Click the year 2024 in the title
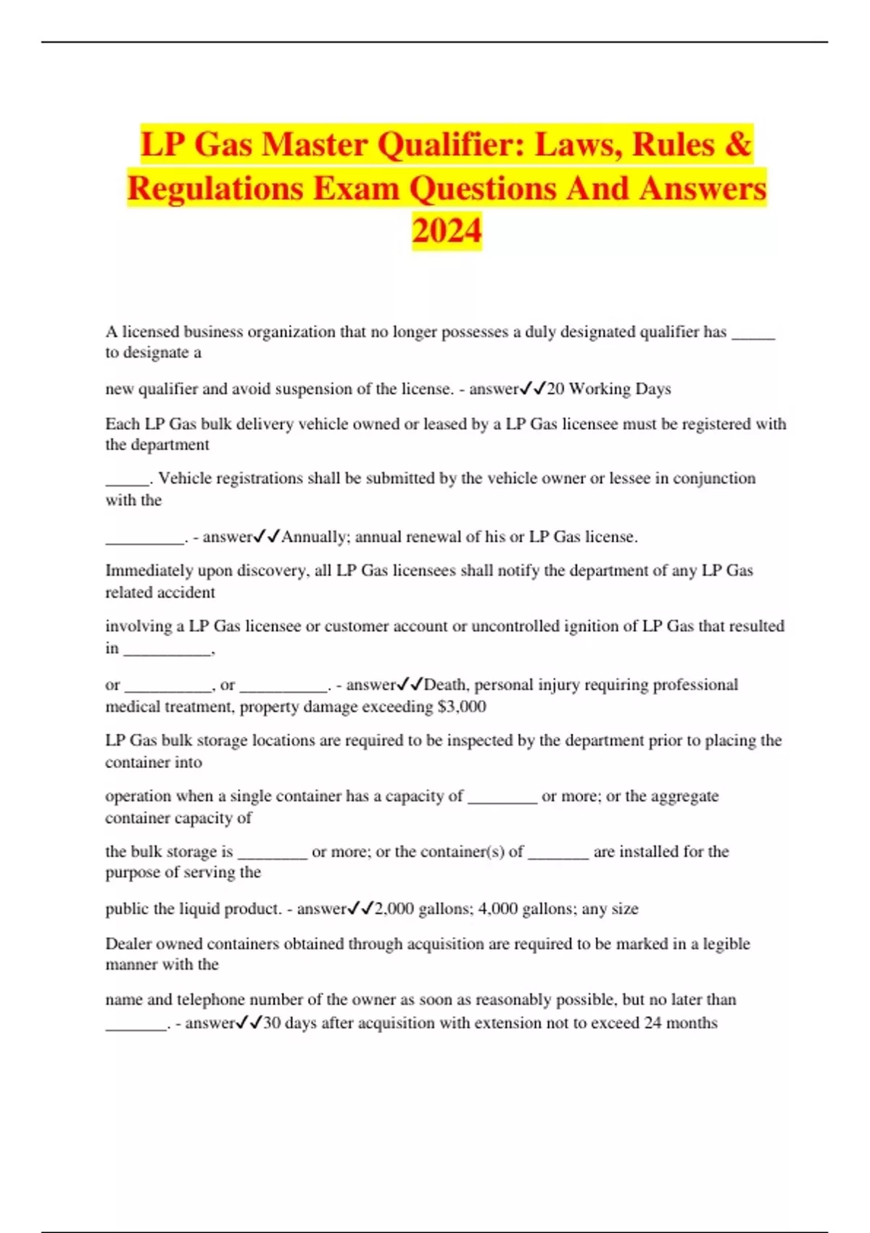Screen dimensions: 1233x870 (x=447, y=231)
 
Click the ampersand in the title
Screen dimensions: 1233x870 (x=737, y=144)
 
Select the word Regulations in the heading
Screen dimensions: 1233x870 (x=215, y=188)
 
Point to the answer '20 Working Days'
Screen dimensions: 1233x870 (x=609, y=389)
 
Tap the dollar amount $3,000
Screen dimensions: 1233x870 (x=462, y=706)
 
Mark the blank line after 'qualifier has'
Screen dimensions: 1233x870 (x=753, y=335)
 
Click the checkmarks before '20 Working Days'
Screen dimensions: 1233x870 (x=533, y=389)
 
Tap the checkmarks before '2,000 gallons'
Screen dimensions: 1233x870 (x=361, y=909)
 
